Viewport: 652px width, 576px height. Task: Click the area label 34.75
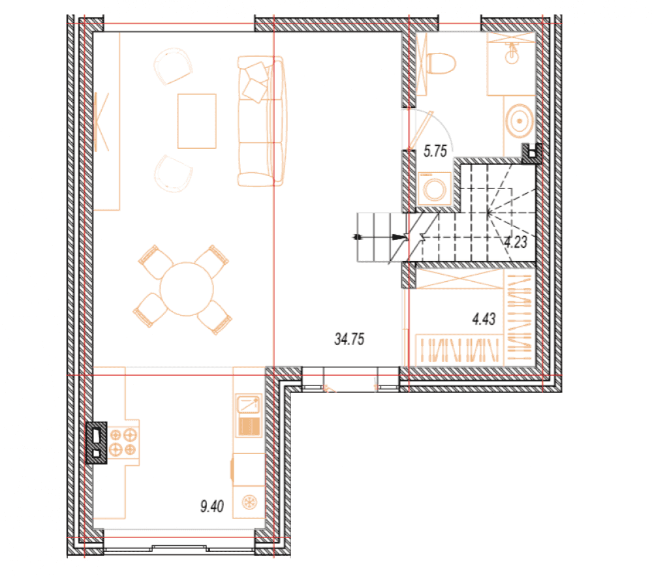tap(349, 339)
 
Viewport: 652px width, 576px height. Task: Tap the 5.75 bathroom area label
tap(435, 151)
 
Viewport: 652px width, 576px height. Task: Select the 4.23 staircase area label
tap(516, 242)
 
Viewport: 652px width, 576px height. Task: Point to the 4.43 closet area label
tap(484, 319)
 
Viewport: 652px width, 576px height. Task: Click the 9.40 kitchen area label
tap(212, 506)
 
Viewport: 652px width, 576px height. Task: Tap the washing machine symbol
tap(435, 189)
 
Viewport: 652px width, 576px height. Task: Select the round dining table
tap(187, 289)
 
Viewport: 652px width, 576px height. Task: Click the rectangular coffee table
tap(196, 121)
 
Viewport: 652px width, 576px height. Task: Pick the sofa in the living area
tap(260, 121)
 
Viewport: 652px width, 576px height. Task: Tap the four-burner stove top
tap(123, 442)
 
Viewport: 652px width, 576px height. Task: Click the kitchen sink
tap(249, 416)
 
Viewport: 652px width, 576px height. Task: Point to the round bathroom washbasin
tap(520, 121)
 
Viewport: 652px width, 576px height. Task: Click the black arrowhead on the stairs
tap(399, 237)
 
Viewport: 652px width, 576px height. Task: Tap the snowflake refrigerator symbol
tap(249, 502)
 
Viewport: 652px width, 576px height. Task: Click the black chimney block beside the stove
tap(96, 442)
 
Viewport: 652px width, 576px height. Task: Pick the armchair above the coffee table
tap(172, 66)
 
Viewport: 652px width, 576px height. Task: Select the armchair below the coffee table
tap(174, 174)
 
